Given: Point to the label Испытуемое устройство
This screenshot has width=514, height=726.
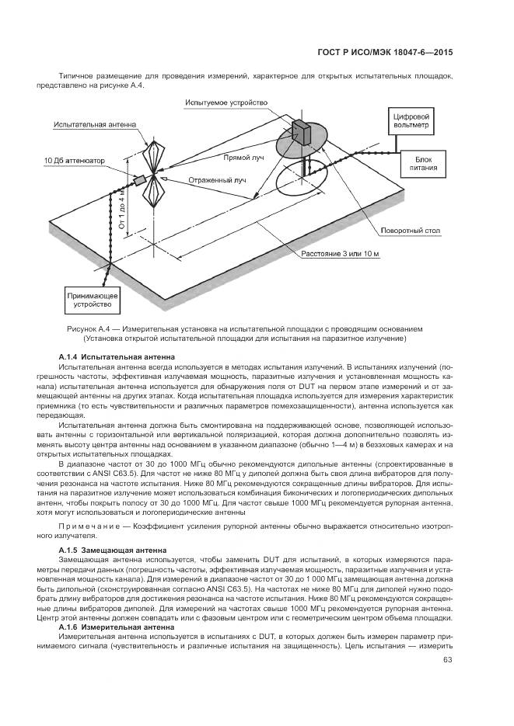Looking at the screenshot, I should pos(226,102).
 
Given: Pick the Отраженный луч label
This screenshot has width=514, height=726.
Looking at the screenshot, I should pos(217,180).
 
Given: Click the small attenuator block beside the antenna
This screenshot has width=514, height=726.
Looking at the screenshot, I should pos(140,180).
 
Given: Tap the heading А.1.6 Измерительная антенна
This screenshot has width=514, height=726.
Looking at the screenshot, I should pos(117,626).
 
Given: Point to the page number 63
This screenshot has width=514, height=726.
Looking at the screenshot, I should pos(447,660).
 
